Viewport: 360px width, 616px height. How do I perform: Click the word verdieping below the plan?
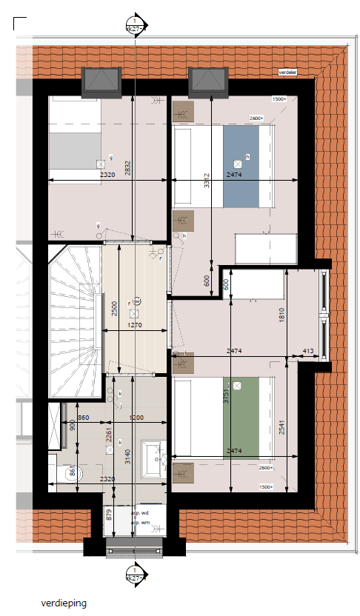tap(64, 603)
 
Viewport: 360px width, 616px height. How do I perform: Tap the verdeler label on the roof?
tap(287, 73)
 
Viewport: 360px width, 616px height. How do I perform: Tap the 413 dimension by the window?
tap(307, 351)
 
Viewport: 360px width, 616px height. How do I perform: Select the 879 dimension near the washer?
tap(109, 515)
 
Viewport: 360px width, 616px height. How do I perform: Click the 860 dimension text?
tap(83, 418)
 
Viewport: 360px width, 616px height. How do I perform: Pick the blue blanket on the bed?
tap(241, 167)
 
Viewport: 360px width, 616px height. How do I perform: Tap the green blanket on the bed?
tap(241, 415)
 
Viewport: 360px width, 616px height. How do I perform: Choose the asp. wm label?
tap(141, 523)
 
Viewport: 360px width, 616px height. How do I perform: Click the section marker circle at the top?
tap(136, 25)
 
